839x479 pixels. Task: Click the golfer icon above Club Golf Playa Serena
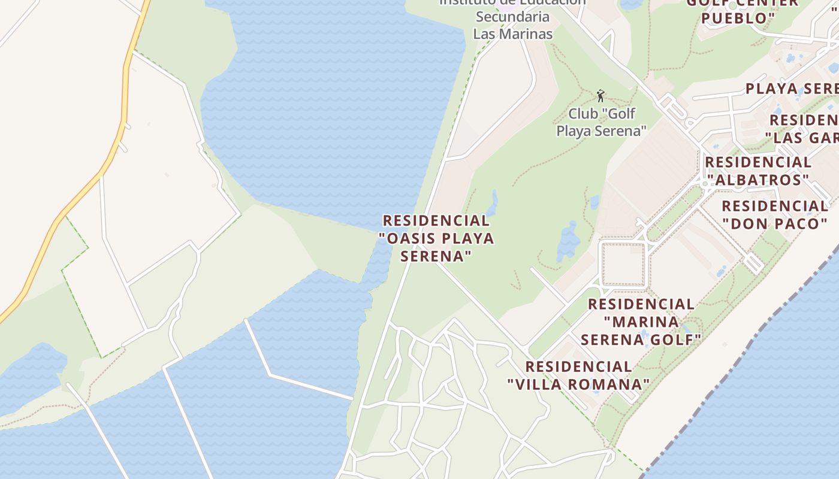click(600, 96)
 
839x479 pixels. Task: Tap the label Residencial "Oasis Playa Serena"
click(436, 238)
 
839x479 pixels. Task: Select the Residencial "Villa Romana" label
click(578, 375)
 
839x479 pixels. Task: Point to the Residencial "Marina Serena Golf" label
click(641, 322)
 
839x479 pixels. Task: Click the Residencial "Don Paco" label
click(774, 215)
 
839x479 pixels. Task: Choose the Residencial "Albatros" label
click(758, 171)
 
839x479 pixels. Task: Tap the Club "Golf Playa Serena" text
click(602, 122)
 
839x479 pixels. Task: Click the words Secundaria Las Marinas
click(512, 25)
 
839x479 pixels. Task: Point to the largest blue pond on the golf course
click(568, 241)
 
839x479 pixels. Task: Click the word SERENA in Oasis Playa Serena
click(433, 256)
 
